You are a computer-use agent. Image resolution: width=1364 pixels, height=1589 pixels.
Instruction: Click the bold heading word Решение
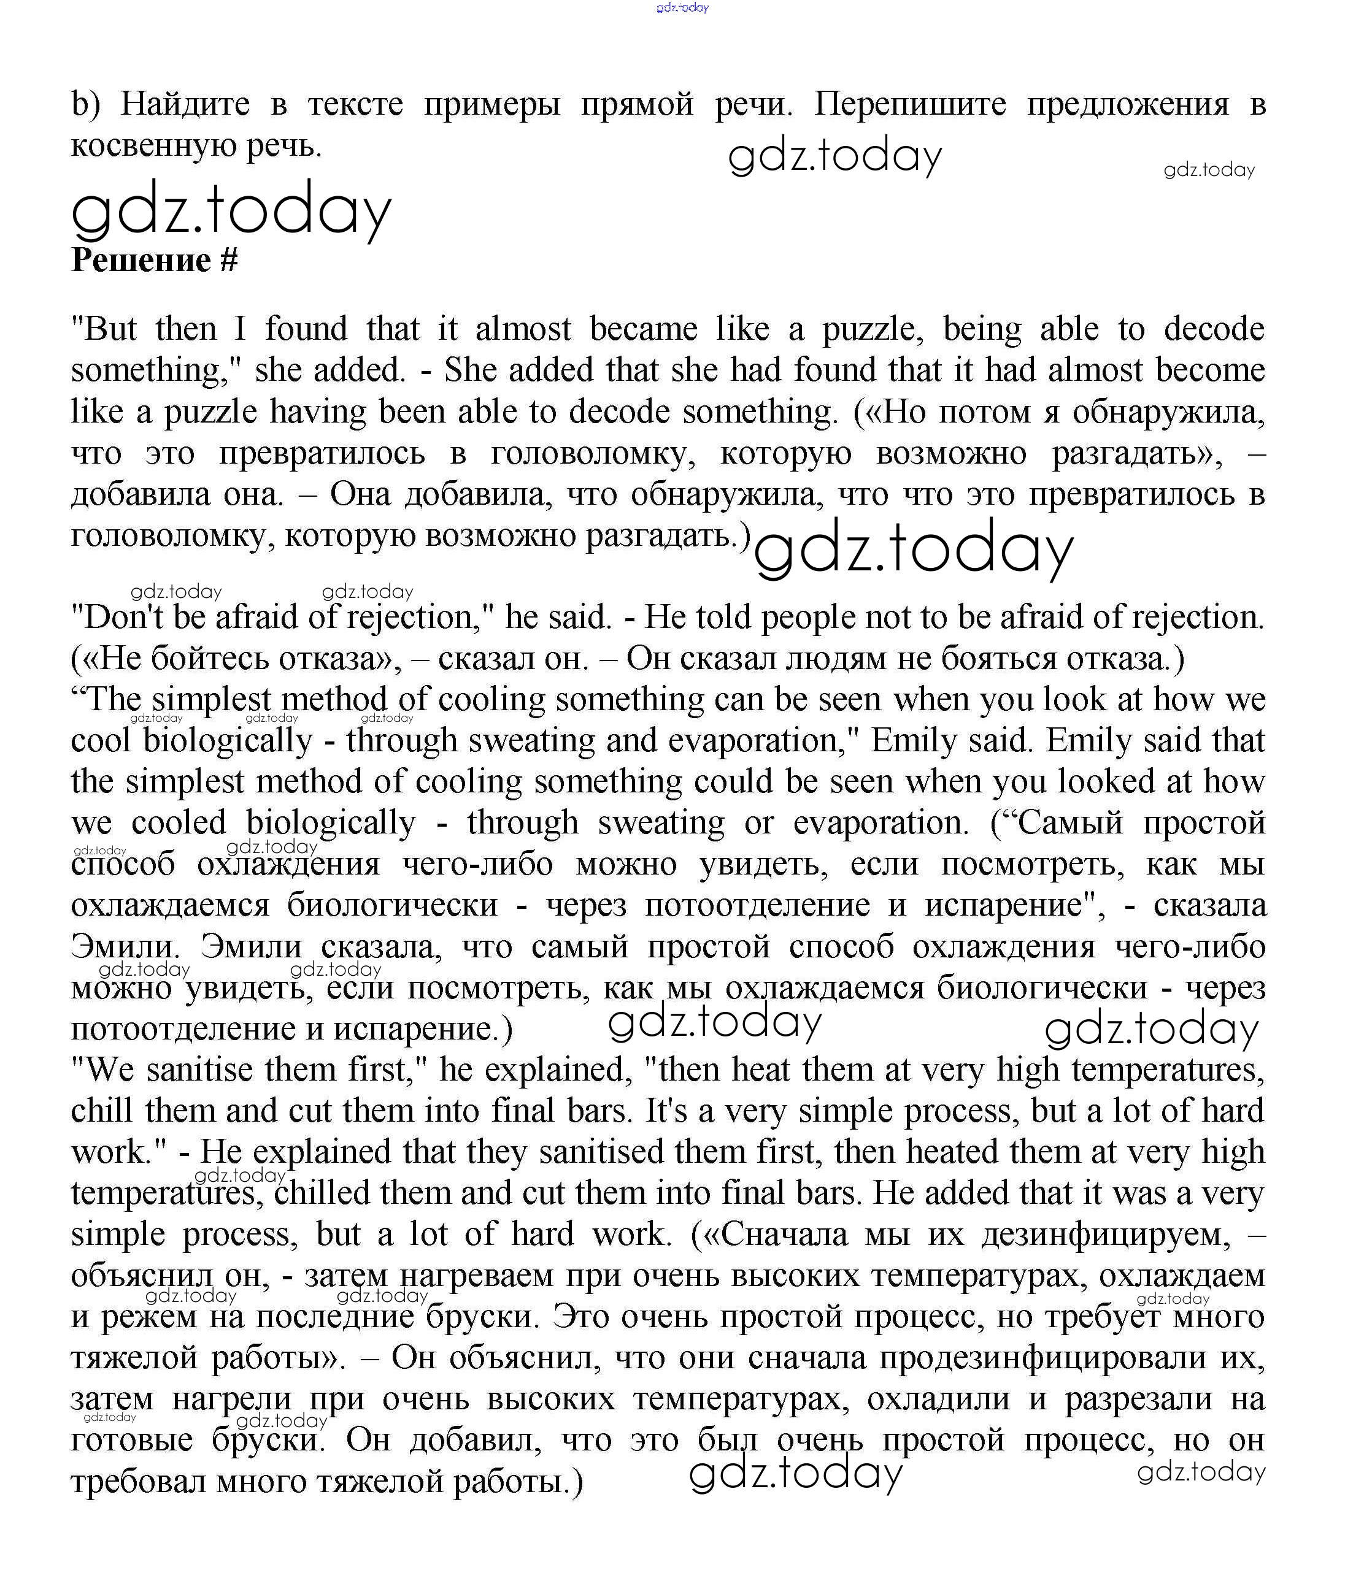click(141, 261)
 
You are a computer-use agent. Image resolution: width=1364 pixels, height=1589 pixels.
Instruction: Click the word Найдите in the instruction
click(185, 104)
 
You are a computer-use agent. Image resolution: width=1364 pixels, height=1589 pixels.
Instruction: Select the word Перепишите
click(910, 104)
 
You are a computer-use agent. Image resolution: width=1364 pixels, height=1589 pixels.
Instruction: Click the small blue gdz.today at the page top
click(682, 8)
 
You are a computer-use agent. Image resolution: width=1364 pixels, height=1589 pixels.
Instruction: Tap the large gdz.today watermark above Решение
click(231, 210)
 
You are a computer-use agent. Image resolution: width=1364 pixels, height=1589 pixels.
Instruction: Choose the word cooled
click(179, 823)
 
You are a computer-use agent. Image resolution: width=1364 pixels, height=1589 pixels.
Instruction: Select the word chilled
click(322, 1193)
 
